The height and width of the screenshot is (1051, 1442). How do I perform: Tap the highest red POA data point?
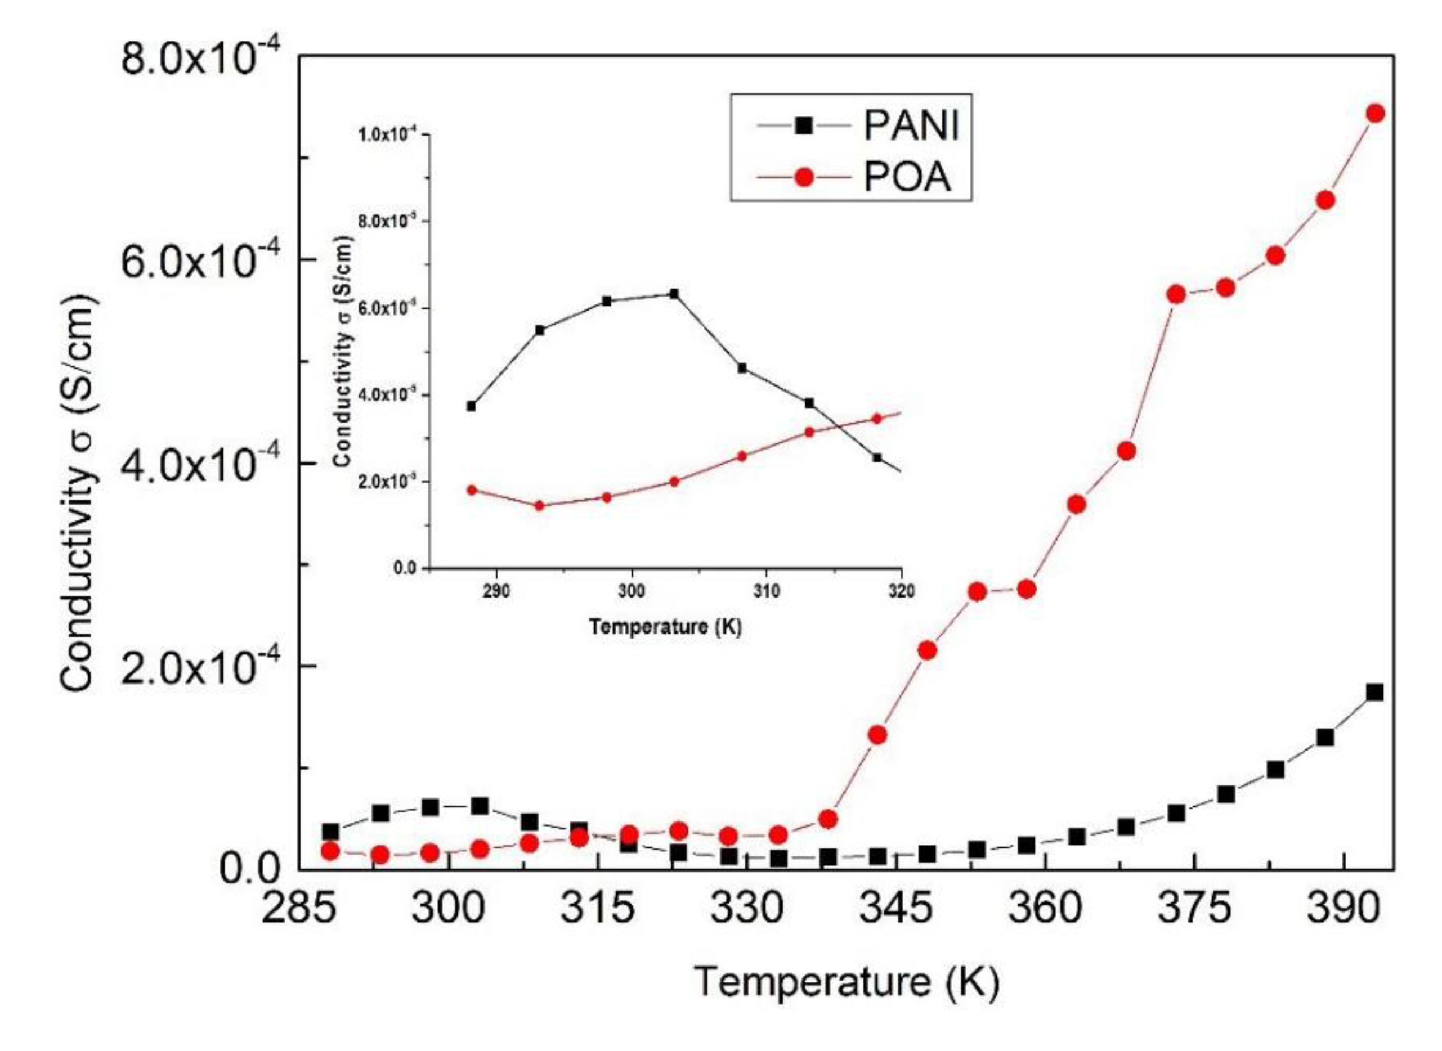click(x=1375, y=113)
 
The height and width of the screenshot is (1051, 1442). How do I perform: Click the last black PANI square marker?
click(x=1374, y=692)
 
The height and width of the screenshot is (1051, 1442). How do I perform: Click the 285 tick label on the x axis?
click(x=298, y=909)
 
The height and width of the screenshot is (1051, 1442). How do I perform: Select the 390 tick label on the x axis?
click(x=1344, y=909)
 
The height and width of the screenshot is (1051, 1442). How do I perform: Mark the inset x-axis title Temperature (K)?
click(x=665, y=627)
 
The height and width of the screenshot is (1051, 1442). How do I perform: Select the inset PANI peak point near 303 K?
click(x=674, y=294)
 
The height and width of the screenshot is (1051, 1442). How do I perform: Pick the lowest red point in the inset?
click(x=540, y=506)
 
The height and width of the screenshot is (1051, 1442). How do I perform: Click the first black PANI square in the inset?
click(x=472, y=406)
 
